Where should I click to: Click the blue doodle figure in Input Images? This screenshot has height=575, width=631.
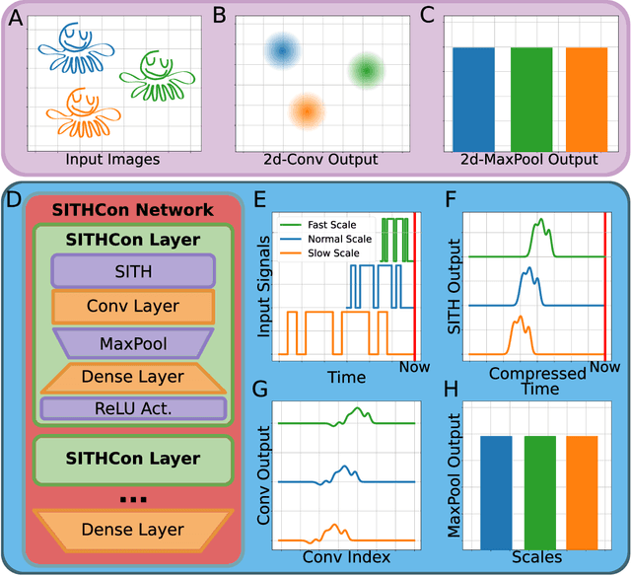tap(75, 46)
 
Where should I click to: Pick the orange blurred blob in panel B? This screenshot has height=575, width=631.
tap(308, 111)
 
